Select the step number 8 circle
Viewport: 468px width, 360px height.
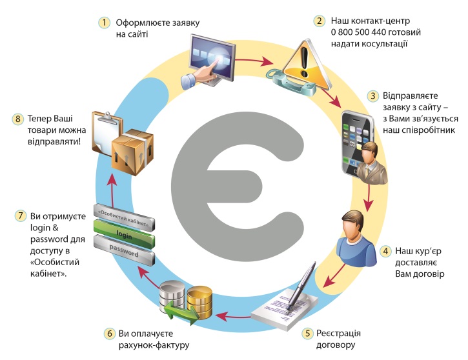[17, 119]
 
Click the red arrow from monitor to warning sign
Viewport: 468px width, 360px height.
[255, 62]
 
